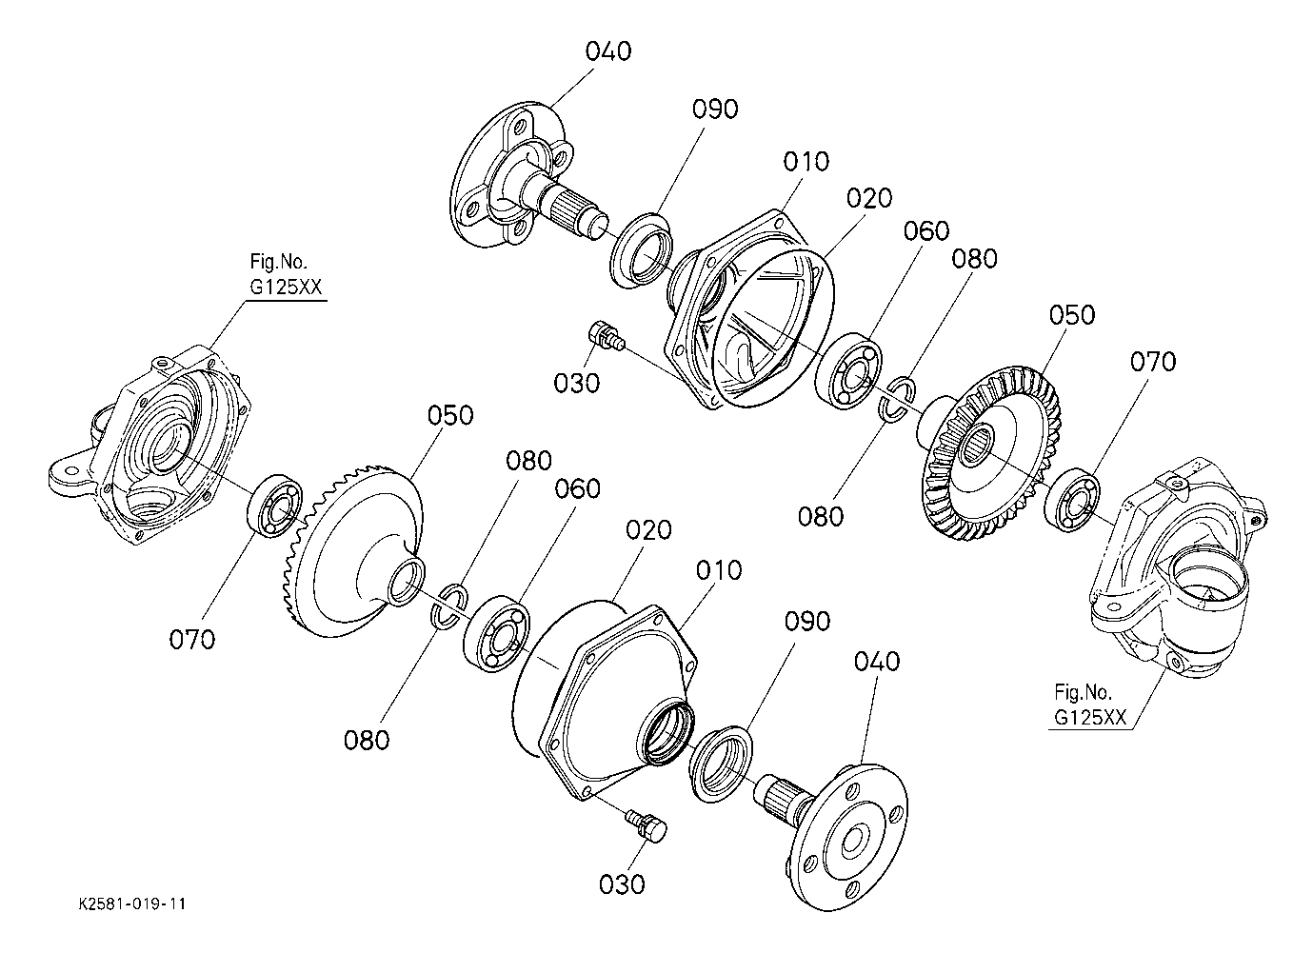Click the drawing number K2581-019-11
[132, 903]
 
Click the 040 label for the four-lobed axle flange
[607, 51]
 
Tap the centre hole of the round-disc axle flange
[852, 844]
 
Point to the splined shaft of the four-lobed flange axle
[574, 207]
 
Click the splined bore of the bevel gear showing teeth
[977, 445]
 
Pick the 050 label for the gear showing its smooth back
[449, 415]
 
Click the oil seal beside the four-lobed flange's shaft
[641, 250]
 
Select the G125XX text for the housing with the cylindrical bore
[1090, 718]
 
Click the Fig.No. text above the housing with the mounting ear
[278, 261]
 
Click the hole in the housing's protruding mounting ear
[72, 470]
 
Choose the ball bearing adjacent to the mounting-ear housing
[275, 506]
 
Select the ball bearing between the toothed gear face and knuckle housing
[1073, 500]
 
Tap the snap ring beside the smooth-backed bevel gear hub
[449, 607]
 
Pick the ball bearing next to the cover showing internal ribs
[848, 370]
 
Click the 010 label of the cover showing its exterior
[719, 570]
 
